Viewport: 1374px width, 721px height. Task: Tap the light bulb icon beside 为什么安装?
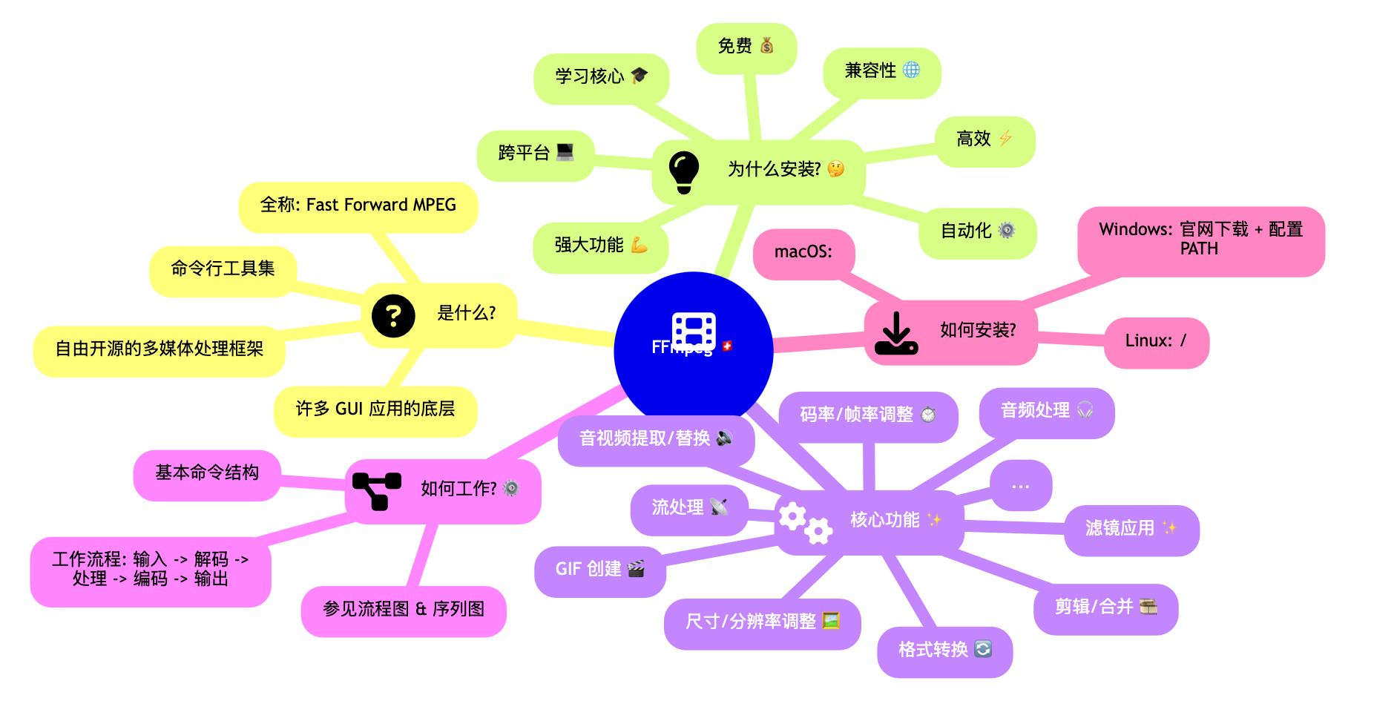tap(683, 172)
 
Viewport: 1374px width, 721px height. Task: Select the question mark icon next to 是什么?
tap(393, 316)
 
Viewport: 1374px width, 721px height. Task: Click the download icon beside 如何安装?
tap(896, 333)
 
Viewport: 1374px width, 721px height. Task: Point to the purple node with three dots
tap(1021, 486)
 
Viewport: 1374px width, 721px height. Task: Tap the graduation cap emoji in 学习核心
tap(640, 75)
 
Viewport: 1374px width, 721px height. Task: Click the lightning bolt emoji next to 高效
tap(1005, 138)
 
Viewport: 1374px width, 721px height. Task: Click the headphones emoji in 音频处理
tap(1085, 409)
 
